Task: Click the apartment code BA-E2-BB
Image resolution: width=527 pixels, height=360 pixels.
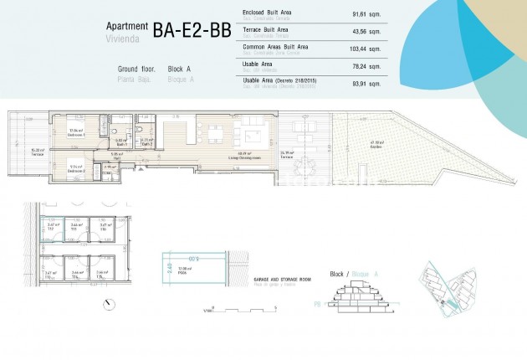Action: click(195, 30)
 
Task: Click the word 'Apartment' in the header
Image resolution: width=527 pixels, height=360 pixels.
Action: click(125, 27)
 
